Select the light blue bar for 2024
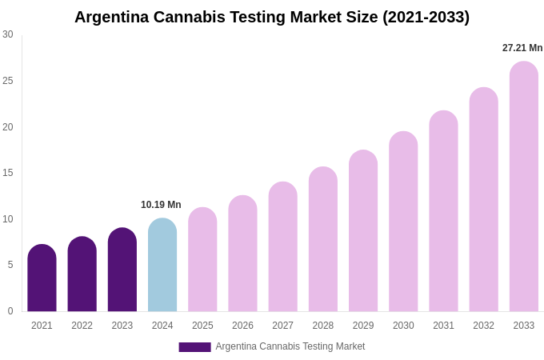(162, 266)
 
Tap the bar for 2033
(524, 187)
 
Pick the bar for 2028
(323, 240)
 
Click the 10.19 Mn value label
(161, 205)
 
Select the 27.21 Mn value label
(522, 48)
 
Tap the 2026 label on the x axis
(242, 326)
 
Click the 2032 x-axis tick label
(483, 326)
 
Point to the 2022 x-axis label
(82, 326)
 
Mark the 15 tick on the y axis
(8, 173)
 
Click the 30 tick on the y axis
(8, 34)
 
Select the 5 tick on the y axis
(10, 265)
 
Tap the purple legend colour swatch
(194, 347)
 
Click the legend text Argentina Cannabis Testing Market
(290, 346)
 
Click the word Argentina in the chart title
(111, 17)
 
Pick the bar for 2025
(202, 260)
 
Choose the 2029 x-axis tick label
(363, 326)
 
